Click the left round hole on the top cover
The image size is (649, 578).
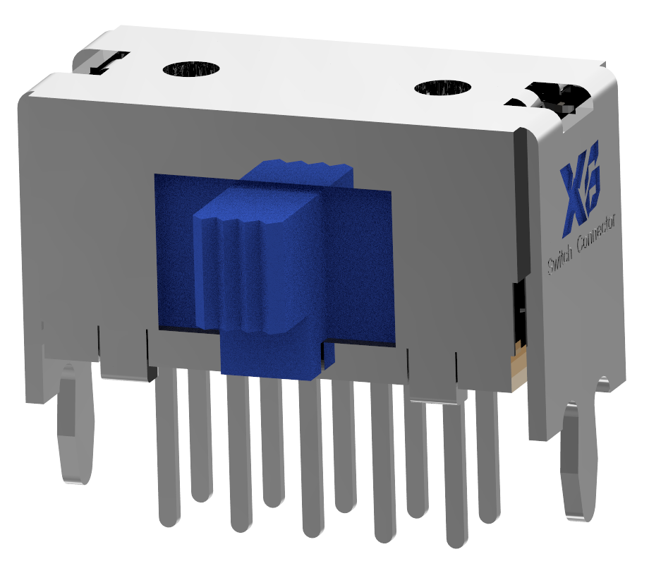(x=191, y=69)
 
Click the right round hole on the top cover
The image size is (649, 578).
(x=443, y=88)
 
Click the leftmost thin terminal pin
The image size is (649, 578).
(x=169, y=452)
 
